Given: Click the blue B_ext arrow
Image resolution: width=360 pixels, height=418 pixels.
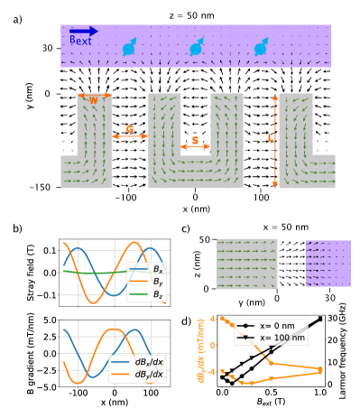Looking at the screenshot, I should tap(84, 31).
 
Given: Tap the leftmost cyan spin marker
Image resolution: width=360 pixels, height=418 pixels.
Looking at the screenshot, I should tap(129, 47).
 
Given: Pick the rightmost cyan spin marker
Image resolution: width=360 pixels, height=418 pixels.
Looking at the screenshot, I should tap(261, 47).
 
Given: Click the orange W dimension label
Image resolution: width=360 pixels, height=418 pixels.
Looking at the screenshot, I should tap(94, 100).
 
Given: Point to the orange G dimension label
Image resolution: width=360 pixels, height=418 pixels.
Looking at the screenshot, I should tap(129, 130).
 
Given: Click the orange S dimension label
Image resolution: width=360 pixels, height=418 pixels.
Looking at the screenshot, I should tap(196, 140).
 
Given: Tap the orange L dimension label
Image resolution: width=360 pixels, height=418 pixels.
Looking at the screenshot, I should tap(270, 138).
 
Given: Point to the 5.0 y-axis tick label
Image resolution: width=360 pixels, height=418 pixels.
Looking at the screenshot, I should tap(50, 320).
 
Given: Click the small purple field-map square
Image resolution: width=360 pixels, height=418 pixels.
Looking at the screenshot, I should tap(328, 264).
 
